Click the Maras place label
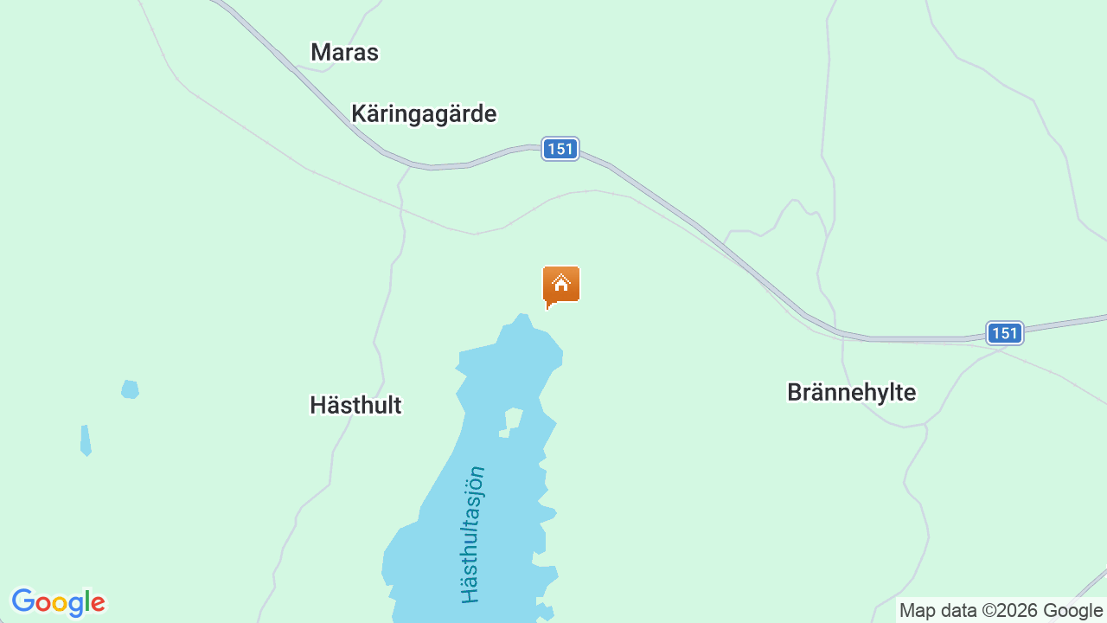coord(344,53)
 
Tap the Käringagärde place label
coord(424,114)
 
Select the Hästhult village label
coord(355,405)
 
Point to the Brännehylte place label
coord(851,392)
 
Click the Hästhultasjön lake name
coord(472,535)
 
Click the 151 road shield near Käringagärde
coord(560,149)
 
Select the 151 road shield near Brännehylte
coord(1004,333)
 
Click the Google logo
coord(58,602)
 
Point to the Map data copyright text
coord(1001,611)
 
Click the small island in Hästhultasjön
coord(513,420)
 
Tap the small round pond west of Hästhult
coord(130,389)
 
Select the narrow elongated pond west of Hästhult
coord(85,440)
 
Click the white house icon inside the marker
coord(560,282)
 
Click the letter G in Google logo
coord(22,601)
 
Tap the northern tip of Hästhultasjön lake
coord(522,318)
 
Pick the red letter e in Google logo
coord(98,603)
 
